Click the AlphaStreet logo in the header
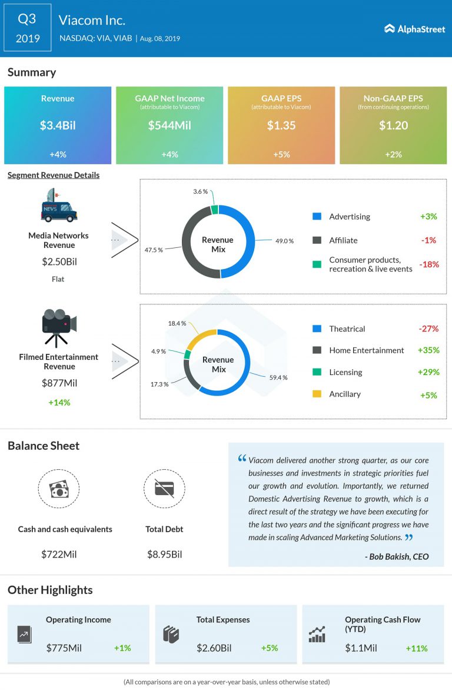click(415, 28)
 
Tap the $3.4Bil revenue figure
click(58, 125)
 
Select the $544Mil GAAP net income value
click(169, 125)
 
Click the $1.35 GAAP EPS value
click(281, 125)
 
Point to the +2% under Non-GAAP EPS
click(393, 154)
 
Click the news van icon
click(58, 206)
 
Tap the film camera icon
click(58, 327)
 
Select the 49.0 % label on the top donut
click(285, 240)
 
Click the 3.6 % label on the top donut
click(201, 192)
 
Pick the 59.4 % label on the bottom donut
click(278, 377)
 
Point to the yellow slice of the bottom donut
click(200, 339)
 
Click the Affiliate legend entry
click(343, 240)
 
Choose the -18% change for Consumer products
click(429, 264)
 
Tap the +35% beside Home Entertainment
click(428, 350)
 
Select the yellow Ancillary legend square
click(317, 394)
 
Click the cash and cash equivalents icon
click(58, 489)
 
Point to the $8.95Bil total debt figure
click(164, 554)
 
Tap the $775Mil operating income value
click(64, 648)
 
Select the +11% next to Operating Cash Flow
click(417, 648)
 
